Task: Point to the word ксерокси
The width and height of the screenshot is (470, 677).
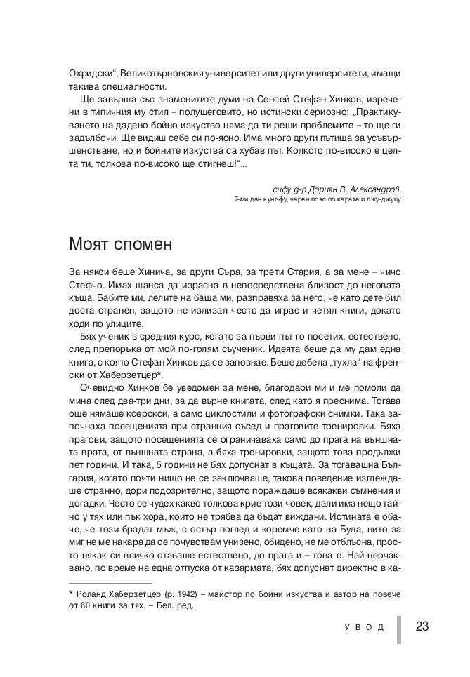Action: point(146,415)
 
